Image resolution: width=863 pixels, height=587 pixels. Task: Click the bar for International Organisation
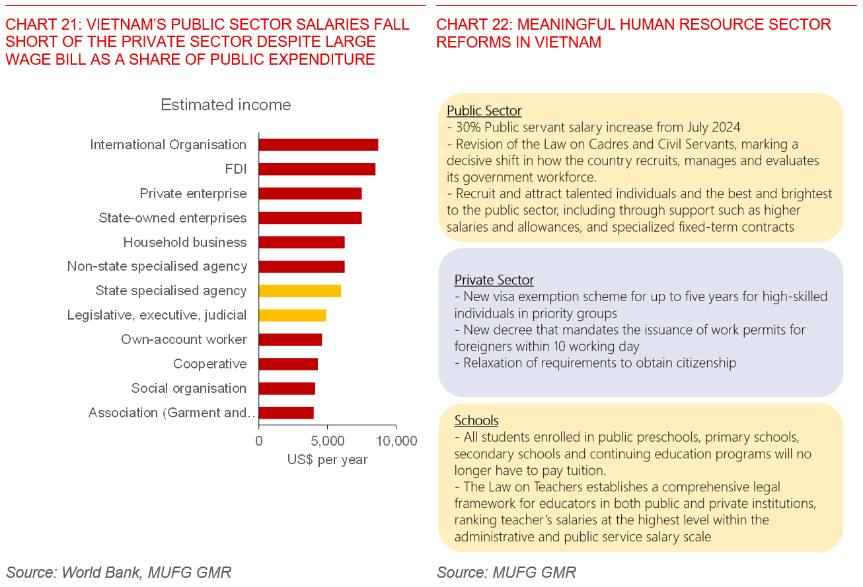[318, 145]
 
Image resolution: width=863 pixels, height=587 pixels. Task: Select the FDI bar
[317, 169]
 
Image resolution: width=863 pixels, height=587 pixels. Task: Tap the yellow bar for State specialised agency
[299, 291]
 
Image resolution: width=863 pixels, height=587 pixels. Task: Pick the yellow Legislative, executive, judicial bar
[292, 315]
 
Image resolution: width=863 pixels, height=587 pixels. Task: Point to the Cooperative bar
[288, 364]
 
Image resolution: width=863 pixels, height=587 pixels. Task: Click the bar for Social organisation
[287, 388]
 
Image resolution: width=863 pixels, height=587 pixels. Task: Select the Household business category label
[184, 242]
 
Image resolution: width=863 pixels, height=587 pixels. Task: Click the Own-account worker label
[184, 339]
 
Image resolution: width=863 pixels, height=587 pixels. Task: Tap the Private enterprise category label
[193, 193]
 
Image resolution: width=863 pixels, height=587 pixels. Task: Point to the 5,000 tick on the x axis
[327, 440]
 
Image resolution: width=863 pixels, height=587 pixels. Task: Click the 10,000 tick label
[396, 440]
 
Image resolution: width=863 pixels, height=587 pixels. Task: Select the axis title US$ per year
[327, 460]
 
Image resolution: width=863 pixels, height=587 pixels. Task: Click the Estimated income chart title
[226, 105]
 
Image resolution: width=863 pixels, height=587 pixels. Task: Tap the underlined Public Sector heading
[484, 111]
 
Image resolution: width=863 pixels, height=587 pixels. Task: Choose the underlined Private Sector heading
[494, 280]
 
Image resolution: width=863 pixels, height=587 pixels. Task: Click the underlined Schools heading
[476, 421]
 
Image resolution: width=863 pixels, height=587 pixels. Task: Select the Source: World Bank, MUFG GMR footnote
[119, 572]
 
